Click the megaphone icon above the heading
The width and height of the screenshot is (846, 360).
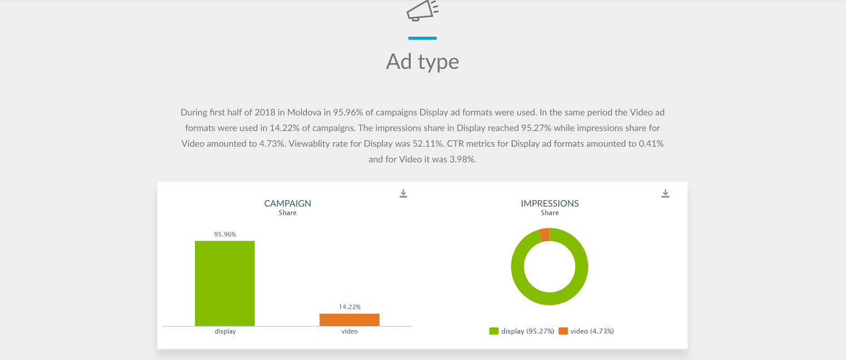(x=422, y=10)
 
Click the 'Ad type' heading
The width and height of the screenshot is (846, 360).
(x=422, y=62)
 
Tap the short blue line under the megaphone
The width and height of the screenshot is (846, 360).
(x=422, y=38)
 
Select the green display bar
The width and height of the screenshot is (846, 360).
(x=224, y=283)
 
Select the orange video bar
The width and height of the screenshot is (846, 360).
(x=349, y=320)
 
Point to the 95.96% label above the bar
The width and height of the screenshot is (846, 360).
(x=224, y=234)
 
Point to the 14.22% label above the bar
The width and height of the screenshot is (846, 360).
(x=350, y=307)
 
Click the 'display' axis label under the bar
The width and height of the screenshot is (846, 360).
(x=225, y=332)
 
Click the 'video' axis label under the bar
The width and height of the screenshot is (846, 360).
(x=350, y=332)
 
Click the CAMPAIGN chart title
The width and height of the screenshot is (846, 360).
(x=288, y=204)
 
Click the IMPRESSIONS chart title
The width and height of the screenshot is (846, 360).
(x=550, y=204)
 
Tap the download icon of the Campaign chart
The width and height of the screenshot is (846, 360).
(x=403, y=194)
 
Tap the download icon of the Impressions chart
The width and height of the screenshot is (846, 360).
(x=666, y=194)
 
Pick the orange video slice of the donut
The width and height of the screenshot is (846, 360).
(x=544, y=235)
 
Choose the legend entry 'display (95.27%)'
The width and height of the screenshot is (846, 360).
(x=522, y=331)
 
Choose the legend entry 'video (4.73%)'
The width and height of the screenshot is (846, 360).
(x=587, y=331)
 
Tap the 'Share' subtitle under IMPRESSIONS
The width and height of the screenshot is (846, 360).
(x=550, y=213)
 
